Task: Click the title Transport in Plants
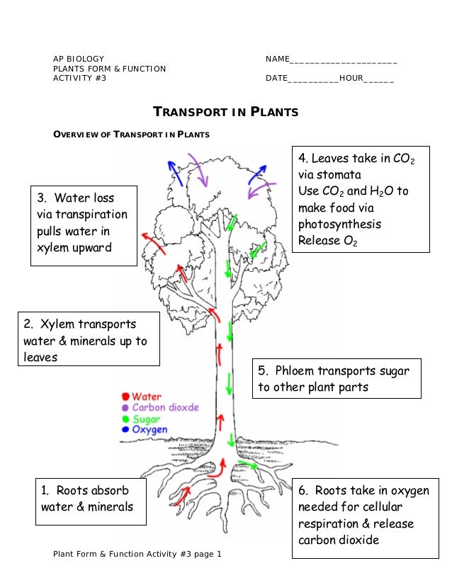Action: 226,113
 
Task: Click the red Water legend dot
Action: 126,397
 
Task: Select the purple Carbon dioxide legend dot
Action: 126,408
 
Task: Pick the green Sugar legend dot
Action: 126,419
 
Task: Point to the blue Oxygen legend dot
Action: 126,429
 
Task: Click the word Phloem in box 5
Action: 294,371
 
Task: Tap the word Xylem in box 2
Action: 59,325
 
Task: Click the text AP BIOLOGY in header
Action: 79,59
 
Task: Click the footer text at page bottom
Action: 137,554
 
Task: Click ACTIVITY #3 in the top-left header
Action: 79,78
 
